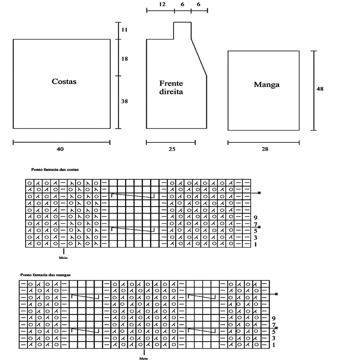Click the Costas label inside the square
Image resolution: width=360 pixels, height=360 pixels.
point(64,82)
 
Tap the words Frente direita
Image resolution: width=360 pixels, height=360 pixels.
point(171,87)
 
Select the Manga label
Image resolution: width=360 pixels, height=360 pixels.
point(266,85)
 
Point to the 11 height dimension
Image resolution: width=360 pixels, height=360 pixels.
point(125,30)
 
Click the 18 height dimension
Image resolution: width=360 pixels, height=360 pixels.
point(124,59)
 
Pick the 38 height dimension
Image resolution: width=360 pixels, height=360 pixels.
point(124,101)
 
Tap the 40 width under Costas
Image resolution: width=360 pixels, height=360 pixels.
point(60,149)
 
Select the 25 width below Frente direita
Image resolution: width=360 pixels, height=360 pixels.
point(172,149)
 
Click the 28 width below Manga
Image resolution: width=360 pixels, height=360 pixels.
point(265,149)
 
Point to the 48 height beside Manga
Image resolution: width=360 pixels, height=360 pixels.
point(320,89)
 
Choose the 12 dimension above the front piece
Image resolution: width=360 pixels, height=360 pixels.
point(162,4)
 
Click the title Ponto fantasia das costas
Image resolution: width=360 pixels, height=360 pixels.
point(55,169)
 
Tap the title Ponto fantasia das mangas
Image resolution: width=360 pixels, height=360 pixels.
point(45,274)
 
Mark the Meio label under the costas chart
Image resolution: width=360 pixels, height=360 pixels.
point(63,257)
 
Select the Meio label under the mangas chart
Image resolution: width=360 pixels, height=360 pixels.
point(144,358)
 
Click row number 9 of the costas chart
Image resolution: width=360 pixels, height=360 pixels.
point(255,217)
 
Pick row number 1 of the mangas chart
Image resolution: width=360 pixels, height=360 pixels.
point(273,345)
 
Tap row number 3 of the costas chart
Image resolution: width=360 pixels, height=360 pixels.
point(255,238)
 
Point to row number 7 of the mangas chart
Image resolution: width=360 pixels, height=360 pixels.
point(273,325)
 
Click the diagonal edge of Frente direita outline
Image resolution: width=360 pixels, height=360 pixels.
point(199,57)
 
